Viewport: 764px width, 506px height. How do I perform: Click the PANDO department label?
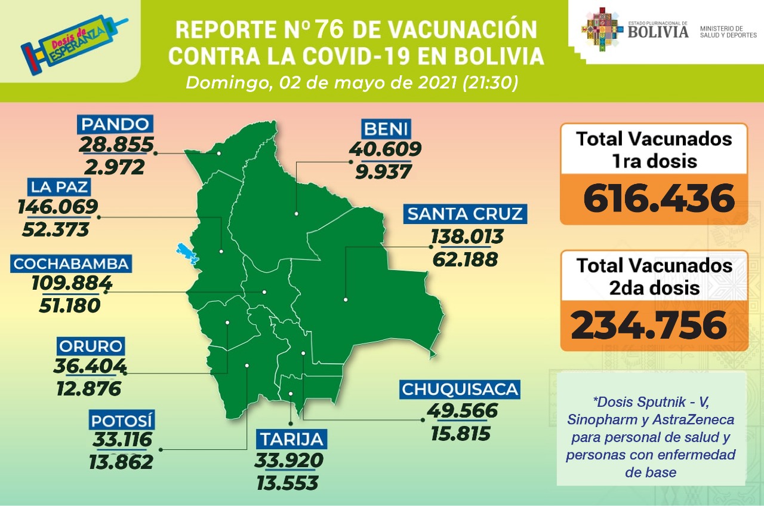[115, 125]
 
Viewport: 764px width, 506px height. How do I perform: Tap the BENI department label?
[386, 128]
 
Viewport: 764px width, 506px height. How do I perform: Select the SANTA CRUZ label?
[465, 213]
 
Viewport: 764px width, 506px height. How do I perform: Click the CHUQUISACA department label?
[460, 390]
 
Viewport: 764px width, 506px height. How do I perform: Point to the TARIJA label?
[291, 440]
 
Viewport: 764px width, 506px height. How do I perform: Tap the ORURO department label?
[90, 346]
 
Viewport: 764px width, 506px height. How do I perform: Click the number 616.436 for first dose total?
[659, 198]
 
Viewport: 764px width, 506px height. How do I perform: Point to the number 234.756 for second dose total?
[649, 325]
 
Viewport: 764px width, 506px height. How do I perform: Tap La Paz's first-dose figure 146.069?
[58, 207]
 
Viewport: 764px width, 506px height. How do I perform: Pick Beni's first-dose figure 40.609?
[386, 149]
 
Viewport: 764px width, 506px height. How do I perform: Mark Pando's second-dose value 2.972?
[115, 167]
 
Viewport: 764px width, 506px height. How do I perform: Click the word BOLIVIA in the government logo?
[658, 32]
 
